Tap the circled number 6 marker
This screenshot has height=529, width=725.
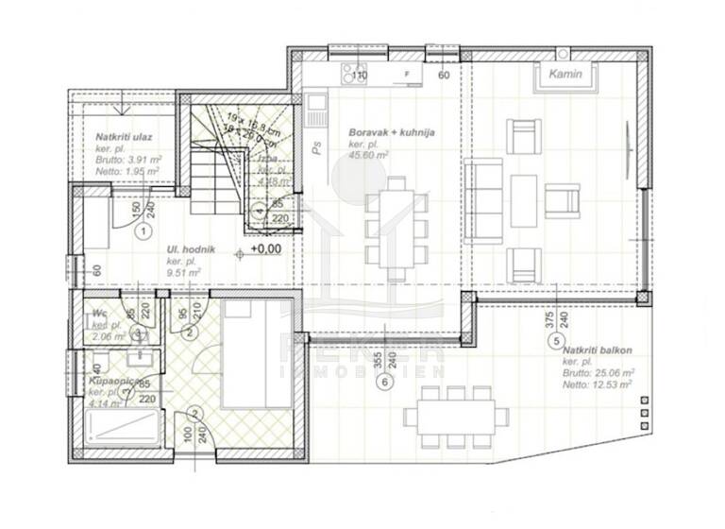tap(383, 382)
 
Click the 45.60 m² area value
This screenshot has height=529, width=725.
tap(369, 156)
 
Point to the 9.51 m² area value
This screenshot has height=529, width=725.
tap(184, 273)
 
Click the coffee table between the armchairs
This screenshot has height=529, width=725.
tap(524, 200)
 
